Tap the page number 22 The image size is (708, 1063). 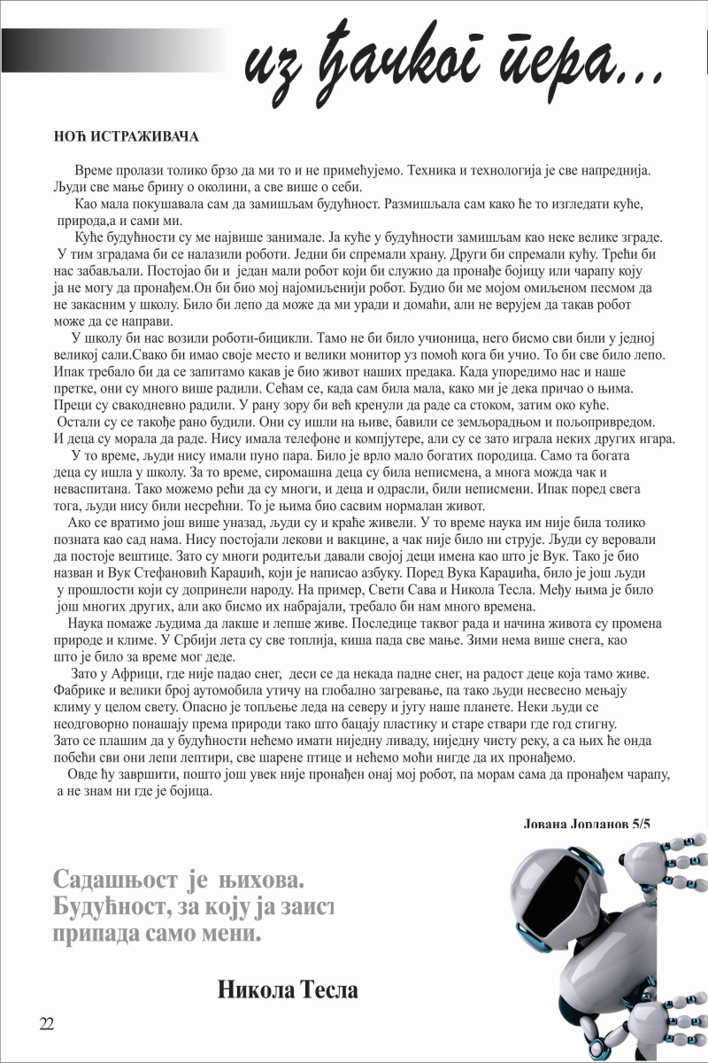(x=47, y=1024)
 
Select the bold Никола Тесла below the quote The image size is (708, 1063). (x=288, y=989)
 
